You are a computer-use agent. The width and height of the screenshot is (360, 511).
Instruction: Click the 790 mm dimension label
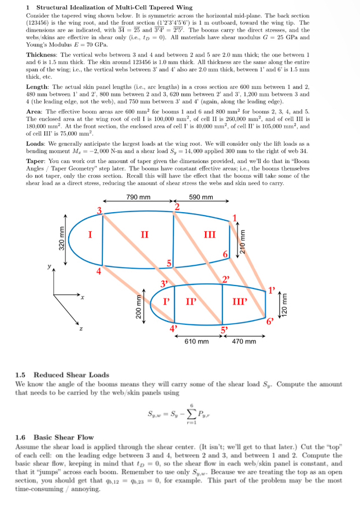point(139,198)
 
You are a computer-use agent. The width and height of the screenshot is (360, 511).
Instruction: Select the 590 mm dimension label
point(201,198)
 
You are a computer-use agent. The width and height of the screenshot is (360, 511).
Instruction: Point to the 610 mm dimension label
point(196,341)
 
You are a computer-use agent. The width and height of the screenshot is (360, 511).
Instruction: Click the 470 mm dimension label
point(244,341)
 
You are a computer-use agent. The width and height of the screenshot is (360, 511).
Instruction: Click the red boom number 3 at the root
point(99,210)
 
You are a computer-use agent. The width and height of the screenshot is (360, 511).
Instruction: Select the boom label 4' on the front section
point(172,328)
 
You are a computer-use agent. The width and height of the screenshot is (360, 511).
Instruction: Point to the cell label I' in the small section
point(166,301)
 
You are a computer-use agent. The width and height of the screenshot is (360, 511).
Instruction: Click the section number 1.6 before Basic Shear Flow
point(21,437)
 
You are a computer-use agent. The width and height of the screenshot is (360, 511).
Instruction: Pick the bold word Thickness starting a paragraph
point(41,54)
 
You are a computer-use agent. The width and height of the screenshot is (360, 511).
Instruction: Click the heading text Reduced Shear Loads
point(71,375)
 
